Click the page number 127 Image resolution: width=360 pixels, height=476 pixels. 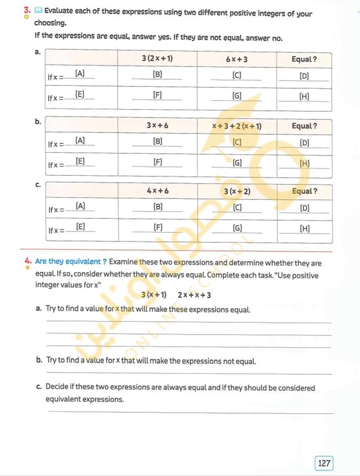[324, 464]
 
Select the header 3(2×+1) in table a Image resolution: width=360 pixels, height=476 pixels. [157, 59]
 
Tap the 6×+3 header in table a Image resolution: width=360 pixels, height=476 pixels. [236, 59]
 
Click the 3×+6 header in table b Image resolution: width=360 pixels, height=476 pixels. [158, 126]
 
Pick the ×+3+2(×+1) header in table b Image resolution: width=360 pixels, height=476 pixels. [236, 126]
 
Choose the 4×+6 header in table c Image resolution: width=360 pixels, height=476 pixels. [158, 191]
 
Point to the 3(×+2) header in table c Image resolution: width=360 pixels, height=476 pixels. [237, 191]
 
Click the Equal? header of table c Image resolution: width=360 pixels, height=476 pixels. [304, 191]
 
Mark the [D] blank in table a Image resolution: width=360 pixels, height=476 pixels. [304, 75]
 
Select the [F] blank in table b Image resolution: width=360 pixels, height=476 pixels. [158, 162]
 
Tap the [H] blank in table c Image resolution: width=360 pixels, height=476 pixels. [305, 228]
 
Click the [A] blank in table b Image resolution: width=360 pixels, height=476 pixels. [80, 140]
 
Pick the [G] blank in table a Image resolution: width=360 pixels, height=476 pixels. [237, 96]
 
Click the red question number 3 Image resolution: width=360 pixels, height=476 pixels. [27, 10]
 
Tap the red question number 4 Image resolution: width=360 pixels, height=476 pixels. [27, 262]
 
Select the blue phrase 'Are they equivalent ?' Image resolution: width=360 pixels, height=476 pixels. [71, 262]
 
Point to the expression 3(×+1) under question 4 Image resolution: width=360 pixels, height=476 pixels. [154, 295]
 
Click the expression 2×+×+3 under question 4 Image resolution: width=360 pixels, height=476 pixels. [194, 295]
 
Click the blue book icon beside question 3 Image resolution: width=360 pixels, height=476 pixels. [38, 10]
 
